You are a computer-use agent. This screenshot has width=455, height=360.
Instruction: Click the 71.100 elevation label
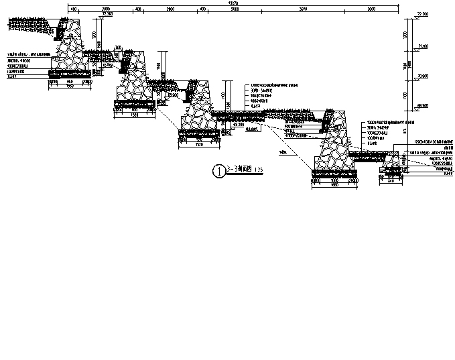tap(423, 45)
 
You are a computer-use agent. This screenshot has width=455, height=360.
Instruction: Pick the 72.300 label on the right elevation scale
tap(423, 13)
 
